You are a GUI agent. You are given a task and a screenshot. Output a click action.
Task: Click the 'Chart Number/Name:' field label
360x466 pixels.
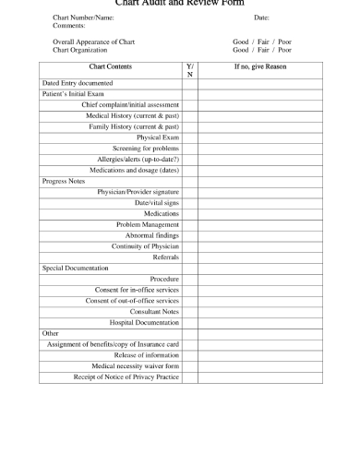click(x=84, y=18)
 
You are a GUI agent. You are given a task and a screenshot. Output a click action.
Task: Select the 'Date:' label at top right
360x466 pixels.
click(x=261, y=18)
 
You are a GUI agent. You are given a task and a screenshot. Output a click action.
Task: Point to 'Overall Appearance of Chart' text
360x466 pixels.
click(x=94, y=42)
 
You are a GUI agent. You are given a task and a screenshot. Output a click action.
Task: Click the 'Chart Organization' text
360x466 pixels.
click(x=81, y=50)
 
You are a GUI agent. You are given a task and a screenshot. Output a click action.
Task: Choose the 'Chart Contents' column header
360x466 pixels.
click(x=110, y=67)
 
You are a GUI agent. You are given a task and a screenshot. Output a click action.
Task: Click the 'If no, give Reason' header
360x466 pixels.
click(x=262, y=67)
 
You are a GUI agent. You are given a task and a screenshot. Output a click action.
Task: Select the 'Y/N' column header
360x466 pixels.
click(x=190, y=70)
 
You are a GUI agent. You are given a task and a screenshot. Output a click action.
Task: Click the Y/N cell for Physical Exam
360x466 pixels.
click(x=190, y=137)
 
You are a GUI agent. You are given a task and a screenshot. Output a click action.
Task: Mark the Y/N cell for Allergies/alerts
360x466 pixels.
click(x=190, y=159)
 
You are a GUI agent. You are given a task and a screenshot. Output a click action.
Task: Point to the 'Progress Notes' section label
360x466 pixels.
click(x=64, y=181)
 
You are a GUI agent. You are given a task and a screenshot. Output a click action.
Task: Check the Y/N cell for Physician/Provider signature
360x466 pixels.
click(x=190, y=191)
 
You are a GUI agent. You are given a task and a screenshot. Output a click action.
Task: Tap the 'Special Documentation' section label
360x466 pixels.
click(x=76, y=268)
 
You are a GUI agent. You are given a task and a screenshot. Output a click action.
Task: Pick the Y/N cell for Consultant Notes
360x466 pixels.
click(x=190, y=311)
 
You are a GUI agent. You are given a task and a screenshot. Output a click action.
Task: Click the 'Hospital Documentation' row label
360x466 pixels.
click(x=144, y=322)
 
